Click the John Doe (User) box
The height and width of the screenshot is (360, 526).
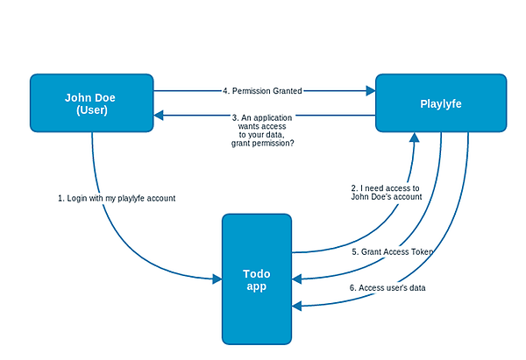pos(91,102)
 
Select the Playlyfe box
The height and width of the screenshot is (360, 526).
pos(441,102)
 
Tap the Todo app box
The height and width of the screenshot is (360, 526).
pos(257,279)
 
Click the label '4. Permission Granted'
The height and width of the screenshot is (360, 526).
pos(262,91)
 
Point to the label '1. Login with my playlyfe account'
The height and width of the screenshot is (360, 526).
pos(117,199)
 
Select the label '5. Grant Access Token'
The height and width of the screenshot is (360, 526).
pos(392,251)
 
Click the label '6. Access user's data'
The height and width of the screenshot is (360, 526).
pos(387,288)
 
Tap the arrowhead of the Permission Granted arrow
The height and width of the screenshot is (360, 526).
pos(371,90)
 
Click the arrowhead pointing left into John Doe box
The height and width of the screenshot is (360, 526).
pos(159,116)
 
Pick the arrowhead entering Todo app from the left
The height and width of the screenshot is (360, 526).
pos(217,279)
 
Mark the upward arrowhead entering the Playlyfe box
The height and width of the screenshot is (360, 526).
pos(415,138)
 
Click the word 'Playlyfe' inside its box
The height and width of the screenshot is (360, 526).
pos(441,104)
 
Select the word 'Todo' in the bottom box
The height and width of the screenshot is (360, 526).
pos(257,274)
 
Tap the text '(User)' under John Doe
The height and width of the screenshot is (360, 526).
pos(92,110)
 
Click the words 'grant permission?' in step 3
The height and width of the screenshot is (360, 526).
pos(263,143)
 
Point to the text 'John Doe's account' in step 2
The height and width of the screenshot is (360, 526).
pos(387,197)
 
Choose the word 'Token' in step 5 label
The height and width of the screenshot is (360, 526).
pos(423,251)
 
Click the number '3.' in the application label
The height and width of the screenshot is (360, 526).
pos(235,118)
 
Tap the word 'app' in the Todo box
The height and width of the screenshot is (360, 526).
pos(257,287)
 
